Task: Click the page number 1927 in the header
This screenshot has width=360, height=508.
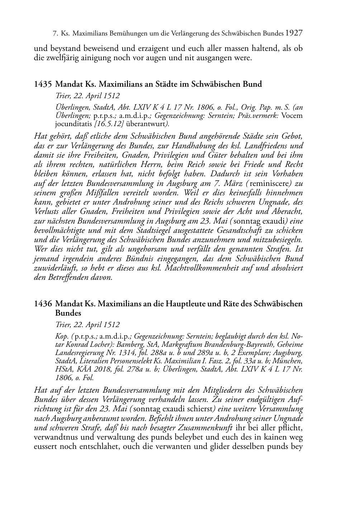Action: (x=295, y=33)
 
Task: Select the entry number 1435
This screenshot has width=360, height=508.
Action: (x=43, y=85)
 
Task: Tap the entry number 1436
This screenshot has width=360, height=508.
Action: (x=43, y=304)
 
